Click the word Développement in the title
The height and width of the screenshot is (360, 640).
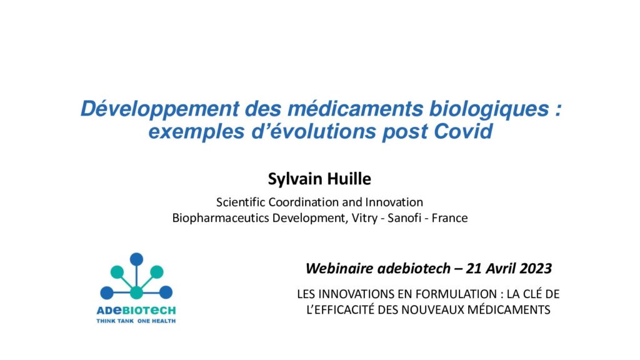tap(160, 109)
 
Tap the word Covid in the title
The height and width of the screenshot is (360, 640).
tap(463, 131)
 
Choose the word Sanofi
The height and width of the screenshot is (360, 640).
tap(404, 218)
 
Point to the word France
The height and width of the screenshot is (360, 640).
tap(449, 218)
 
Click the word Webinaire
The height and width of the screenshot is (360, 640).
tap(339, 269)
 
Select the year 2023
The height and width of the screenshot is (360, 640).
tap(536, 269)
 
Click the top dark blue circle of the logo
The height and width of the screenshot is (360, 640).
tap(136, 259)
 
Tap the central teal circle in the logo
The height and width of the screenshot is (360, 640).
tap(136, 292)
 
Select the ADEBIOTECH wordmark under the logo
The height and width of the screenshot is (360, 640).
tap(136, 311)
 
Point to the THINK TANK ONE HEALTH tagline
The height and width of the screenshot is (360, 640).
tap(136, 321)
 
